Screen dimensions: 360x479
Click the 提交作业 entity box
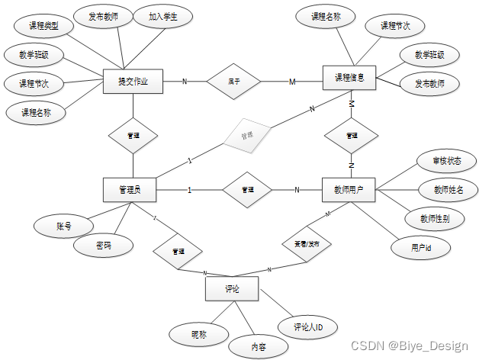pyautogui.click(x=133, y=81)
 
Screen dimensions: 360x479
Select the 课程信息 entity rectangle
pyautogui.click(x=349, y=78)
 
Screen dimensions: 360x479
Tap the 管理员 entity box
pyautogui.click(x=129, y=190)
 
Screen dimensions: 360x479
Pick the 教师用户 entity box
pyautogui.click(x=349, y=190)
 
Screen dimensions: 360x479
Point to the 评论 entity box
pyautogui.click(x=233, y=289)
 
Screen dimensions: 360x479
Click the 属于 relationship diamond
pyautogui.click(x=234, y=82)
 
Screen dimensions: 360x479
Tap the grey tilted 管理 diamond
pyautogui.click(x=246, y=135)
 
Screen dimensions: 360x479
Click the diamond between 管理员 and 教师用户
pyautogui.click(x=246, y=189)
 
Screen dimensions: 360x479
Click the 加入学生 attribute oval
pyautogui.click(x=162, y=17)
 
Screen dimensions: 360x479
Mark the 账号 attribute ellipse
pyautogui.click(x=63, y=226)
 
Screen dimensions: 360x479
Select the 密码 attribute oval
pyautogui.click(x=103, y=246)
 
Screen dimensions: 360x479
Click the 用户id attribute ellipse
pyautogui.click(x=421, y=248)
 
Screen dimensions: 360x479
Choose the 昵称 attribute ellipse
pyautogui.click(x=198, y=333)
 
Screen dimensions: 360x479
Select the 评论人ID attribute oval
pyautogui.click(x=308, y=327)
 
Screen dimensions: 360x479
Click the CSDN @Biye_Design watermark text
pyautogui.click(x=409, y=346)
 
